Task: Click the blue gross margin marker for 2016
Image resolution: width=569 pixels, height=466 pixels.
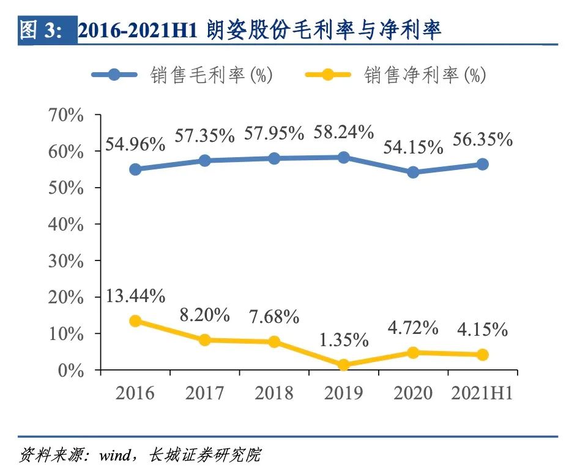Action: [135, 169]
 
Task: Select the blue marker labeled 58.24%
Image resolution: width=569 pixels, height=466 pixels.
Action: [343, 157]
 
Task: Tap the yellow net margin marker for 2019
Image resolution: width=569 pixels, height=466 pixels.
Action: [343, 365]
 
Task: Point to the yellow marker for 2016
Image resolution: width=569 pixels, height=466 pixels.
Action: [135, 321]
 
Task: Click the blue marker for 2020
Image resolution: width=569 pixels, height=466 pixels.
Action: [413, 172]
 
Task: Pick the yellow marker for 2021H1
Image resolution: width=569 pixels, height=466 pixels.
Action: [482, 355]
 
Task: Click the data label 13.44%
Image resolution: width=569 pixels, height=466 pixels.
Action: [135, 297]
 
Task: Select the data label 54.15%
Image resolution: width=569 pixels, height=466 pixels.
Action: [414, 147]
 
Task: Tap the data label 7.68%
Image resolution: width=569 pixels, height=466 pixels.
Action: [273, 317]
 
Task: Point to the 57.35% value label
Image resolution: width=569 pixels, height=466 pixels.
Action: [204, 135]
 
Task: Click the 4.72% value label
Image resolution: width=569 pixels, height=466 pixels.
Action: [413, 328]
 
